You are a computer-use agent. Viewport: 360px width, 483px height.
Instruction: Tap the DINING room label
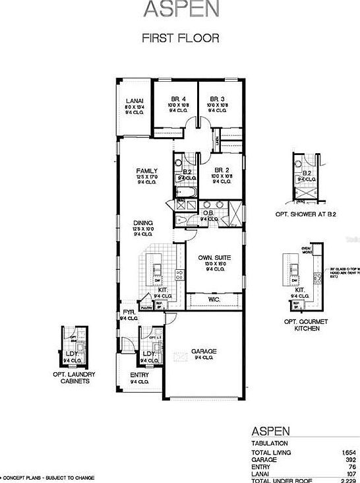pyautogui.click(x=142, y=222)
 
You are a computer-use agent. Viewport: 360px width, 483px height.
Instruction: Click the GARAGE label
pyautogui.click(x=204, y=351)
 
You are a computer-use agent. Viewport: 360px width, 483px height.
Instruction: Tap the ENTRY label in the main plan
pyautogui.click(x=139, y=375)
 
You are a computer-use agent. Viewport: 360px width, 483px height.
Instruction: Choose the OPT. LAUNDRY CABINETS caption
pyautogui.click(x=74, y=377)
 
